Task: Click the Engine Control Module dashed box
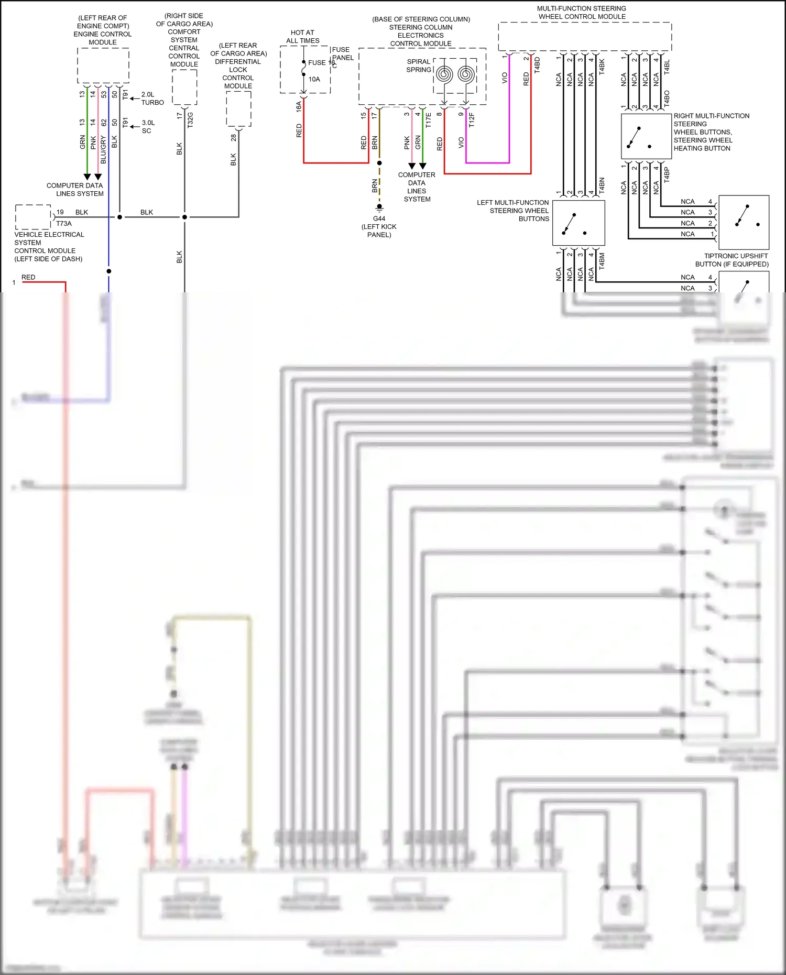tap(103, 65)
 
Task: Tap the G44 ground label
tap(379, 218)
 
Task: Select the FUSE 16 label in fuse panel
tap(319, 63)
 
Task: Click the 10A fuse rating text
tap(314, 79)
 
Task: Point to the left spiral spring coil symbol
tap(444, 74)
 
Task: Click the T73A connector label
tap(64, 224)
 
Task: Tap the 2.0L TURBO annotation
tap(152, 98)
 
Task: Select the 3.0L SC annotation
tap(148, 127)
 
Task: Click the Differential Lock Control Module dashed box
tap(238, 108)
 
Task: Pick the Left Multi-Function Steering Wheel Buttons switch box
tap(578, 223)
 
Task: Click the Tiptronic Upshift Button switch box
tap(744, 222)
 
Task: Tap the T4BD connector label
tap(537, 65)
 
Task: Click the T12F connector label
tap(472, 119)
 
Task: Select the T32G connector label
tap(190, 120)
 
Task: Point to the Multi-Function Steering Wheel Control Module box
tap(584, 37)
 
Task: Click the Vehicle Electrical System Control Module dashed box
tap(33, 217)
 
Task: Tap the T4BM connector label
tap(602, 260)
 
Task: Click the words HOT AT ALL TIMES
tap(302, 37)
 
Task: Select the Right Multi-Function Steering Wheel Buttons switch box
tap(646, 137)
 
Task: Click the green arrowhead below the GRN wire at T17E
tap(422, 166)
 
